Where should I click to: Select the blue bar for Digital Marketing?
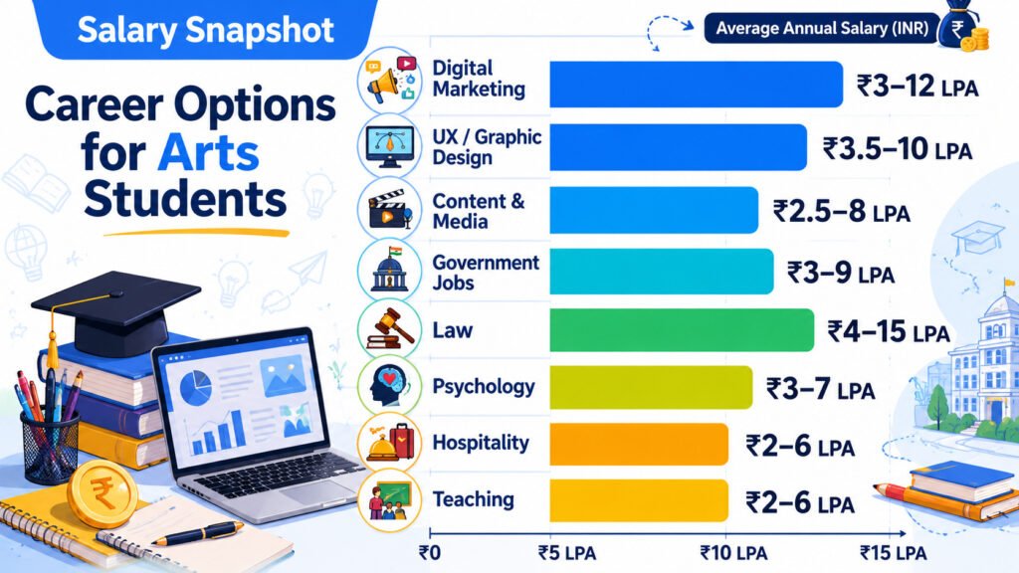[x=696, y=85]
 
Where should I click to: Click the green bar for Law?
[x=682, y=330]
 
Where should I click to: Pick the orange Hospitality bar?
[x=639, y=445]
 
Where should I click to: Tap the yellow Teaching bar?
[x=639, y=500]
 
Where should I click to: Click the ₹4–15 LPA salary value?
[x=889, y=332]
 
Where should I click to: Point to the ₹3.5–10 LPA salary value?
[x=898, y=149]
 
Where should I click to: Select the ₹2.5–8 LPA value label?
[x=842, y=212]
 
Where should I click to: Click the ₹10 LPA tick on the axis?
[x=733, y=553]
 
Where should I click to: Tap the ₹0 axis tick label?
[x=430, y=553]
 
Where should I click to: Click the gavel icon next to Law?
[x=390, y=330]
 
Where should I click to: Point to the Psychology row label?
[x=484, y=387]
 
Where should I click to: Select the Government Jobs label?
[x=486, y=273]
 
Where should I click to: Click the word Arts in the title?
[x=208, y=153]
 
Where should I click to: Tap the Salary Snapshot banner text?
[x=205, y=30]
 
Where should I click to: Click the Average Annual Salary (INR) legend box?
[x=822, y=29]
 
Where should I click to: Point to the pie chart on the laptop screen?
[x=196, y=386]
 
